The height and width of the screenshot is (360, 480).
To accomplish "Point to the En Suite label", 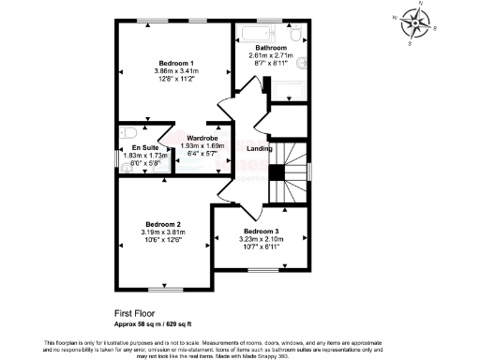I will click(x=144, y=147).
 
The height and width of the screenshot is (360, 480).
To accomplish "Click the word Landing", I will click(x=260, y=148).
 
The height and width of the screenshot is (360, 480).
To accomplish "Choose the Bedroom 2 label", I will click(x=161, y=224).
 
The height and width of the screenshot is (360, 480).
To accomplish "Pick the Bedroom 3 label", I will click(x=262, y=231).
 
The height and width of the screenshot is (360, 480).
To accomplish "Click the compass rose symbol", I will click(x=412, y=20).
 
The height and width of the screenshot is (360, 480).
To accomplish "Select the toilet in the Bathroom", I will click(x=296, y=36).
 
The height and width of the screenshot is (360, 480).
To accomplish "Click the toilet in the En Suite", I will click(x=128, y=132).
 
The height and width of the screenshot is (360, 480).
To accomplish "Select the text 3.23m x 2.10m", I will click(x=262, y=239).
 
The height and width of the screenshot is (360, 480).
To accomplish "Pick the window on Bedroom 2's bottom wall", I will click(x=165, y=290).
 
